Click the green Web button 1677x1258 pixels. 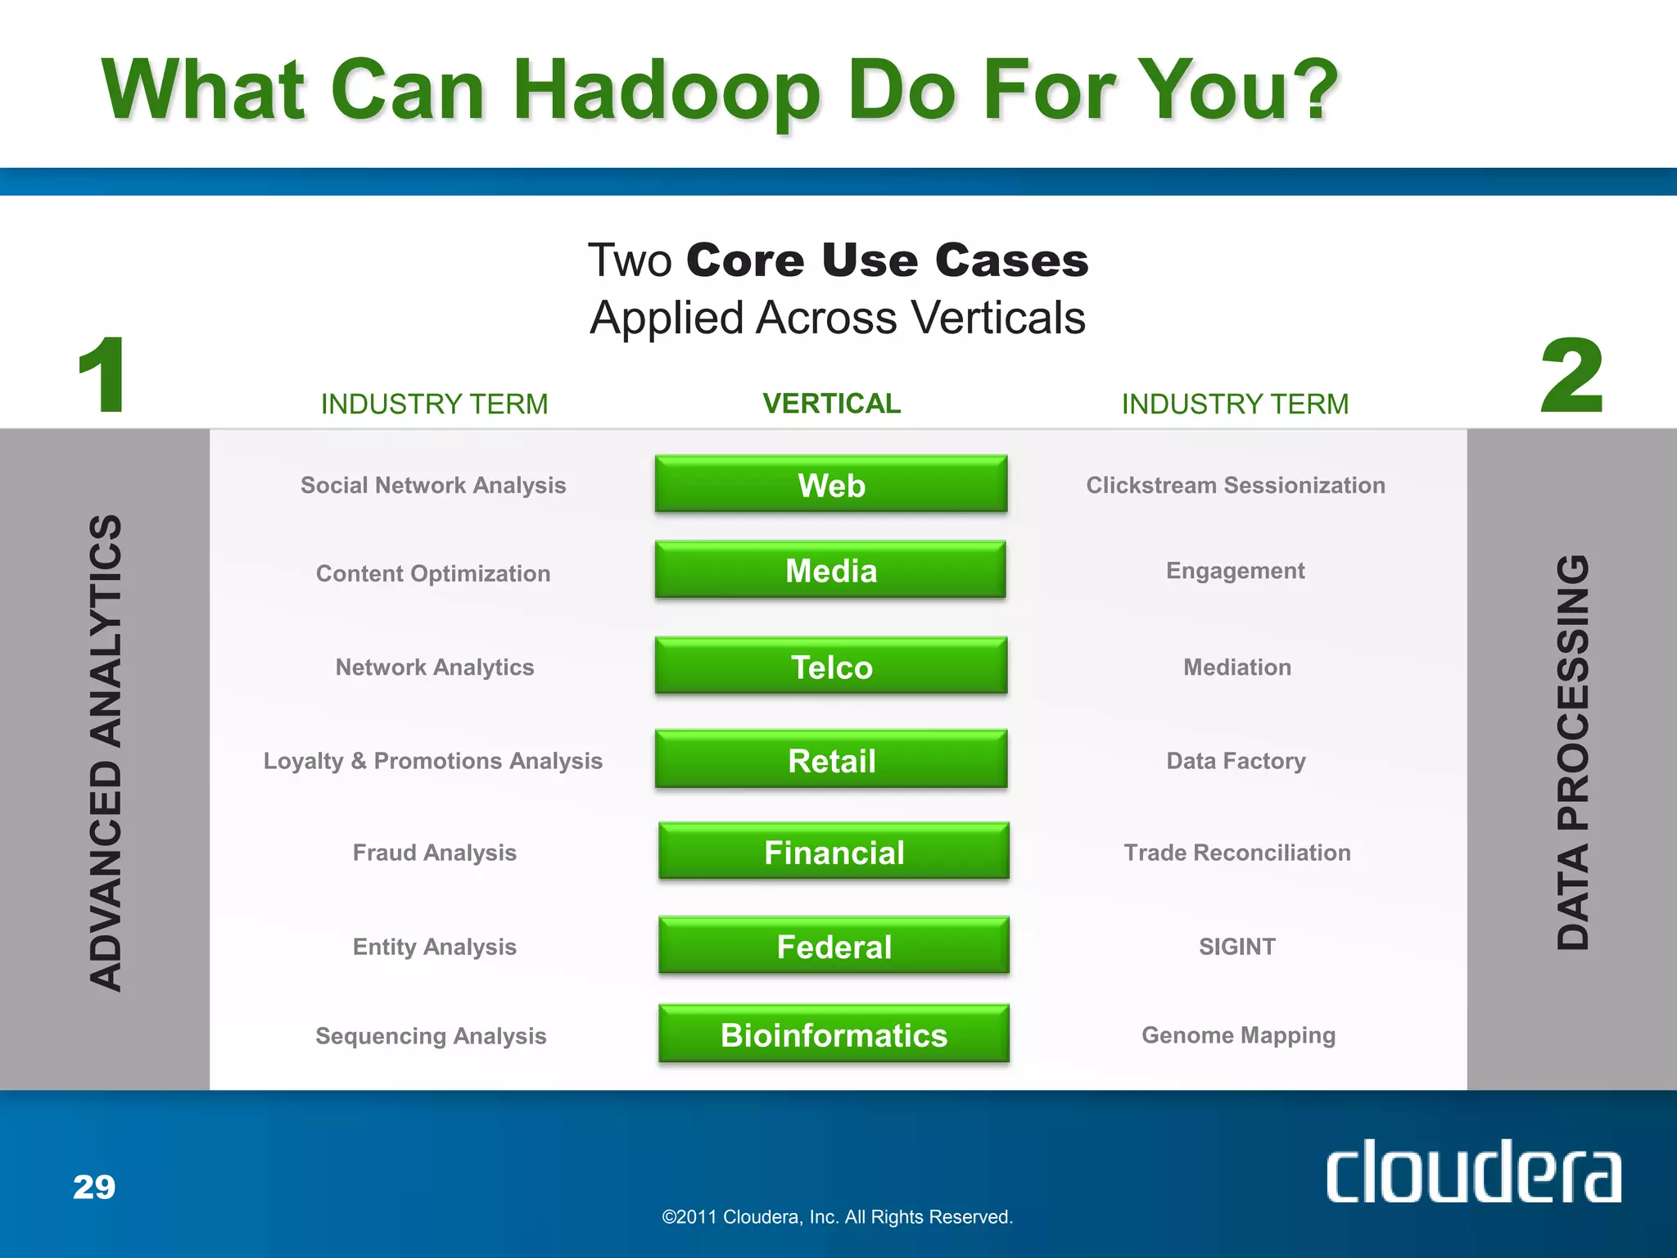[x=831, y=485]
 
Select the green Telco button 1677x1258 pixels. [x=831, y=667]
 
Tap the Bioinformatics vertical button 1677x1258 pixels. [x=834, y=1034]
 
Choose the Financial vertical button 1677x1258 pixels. [x=834, y=853]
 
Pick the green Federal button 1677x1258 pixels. [x=834, y=947]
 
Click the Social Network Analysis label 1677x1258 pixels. [x=433, y=486]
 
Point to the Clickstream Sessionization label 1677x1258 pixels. [x=1236, y=486]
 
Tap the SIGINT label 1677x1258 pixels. [x=1237, y=947]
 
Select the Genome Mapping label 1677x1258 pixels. [x=1238, y=1035]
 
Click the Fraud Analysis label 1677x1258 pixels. [x=434, y=853]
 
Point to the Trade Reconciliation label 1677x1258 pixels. [x=1237, y=853]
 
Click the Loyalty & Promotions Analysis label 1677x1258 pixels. [x=432, y=761]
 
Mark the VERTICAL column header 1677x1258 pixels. [x=831, y=404]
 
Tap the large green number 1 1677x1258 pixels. [x=102, y=376]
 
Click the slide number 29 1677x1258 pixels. [x=94, y=1187]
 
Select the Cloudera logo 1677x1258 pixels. [x=1473, y=1172]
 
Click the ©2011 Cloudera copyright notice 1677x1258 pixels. [x=837, y=1217]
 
